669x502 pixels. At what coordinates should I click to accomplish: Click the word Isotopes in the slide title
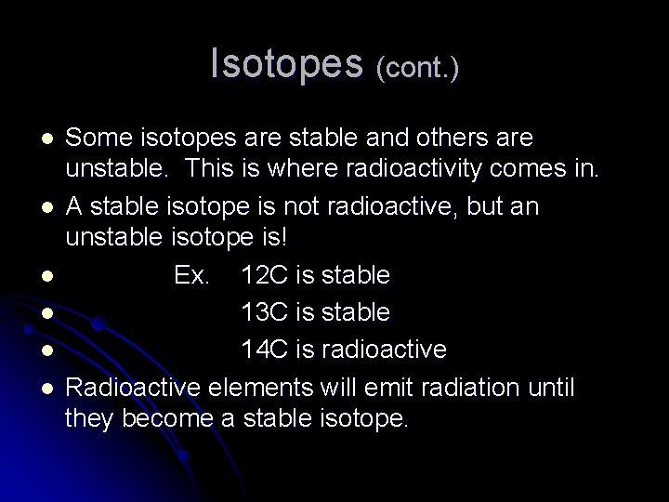[287, 63]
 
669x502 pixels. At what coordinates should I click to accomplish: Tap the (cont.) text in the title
[416, 67]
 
